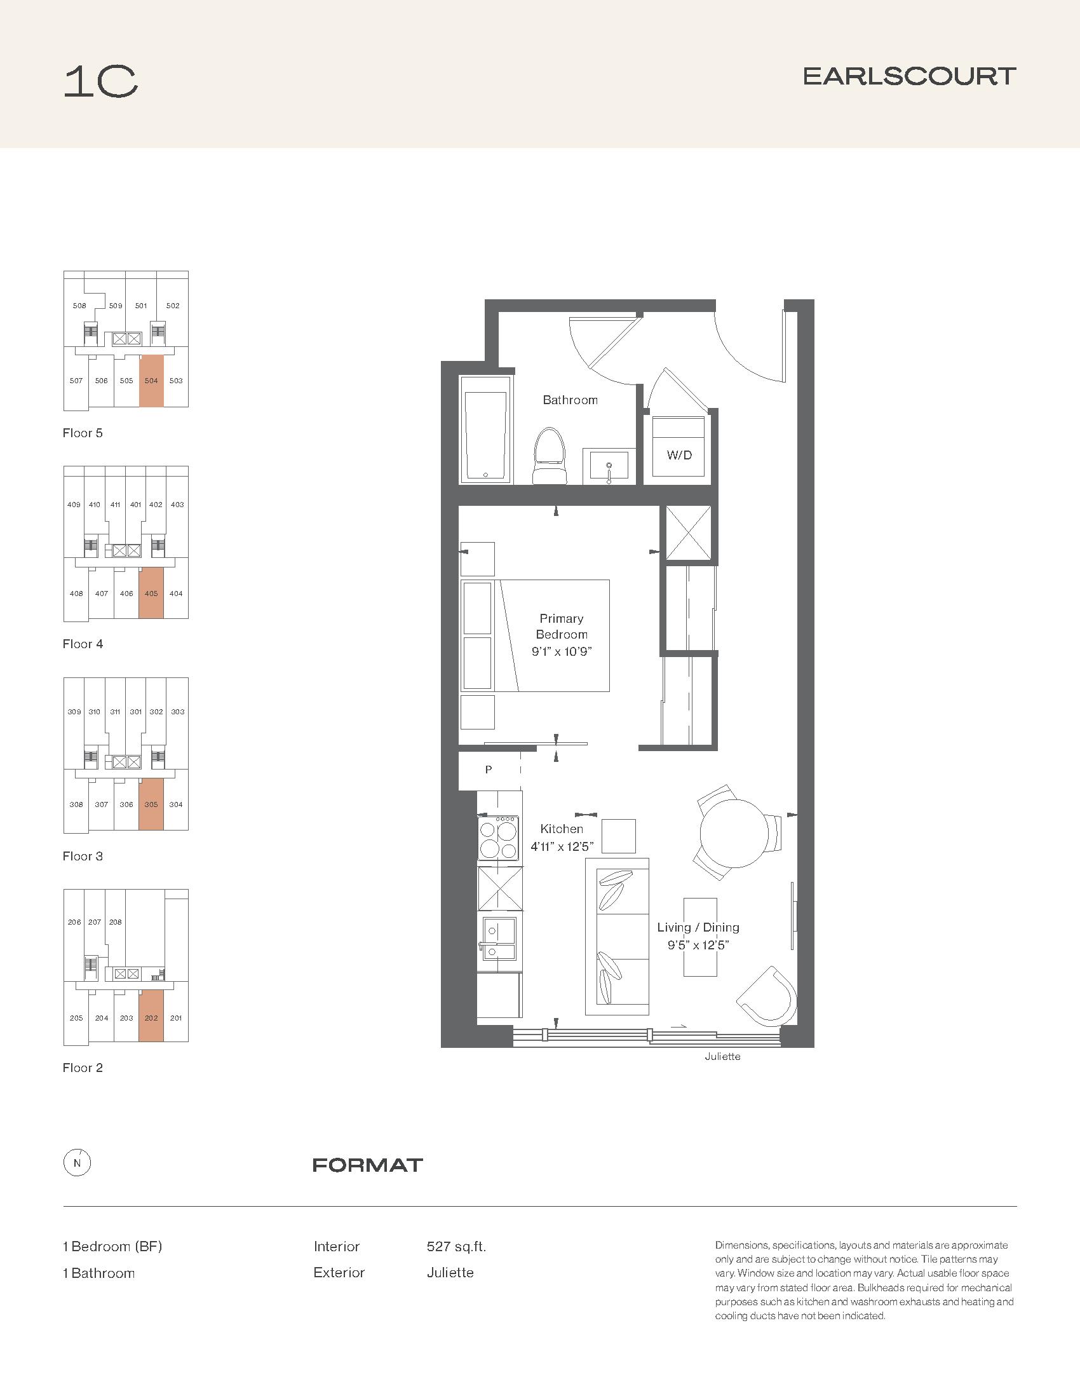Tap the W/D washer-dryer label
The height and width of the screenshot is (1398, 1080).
(x=680, y=455)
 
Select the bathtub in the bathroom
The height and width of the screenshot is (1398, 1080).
(x=486, y=429)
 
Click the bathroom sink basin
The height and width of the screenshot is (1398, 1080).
(x=609, y=466)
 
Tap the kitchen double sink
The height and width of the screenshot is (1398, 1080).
(x=499, y=940)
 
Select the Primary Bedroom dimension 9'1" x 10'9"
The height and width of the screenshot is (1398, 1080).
(x=562, y=651)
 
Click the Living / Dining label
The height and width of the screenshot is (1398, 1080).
(x=698, y=927)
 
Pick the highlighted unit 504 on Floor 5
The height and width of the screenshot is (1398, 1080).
(x=151, y=381)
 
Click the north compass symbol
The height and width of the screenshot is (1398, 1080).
(x=78, y=1163)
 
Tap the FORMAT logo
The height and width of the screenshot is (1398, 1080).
(x=367, y=1165)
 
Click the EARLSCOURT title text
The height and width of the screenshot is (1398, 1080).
(x=909, y=77)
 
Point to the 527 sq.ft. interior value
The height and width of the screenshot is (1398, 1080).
(x=456, y=1246)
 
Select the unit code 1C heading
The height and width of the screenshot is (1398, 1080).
(x=101, y=82)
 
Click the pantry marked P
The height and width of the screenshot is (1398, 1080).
(x=489, y=771)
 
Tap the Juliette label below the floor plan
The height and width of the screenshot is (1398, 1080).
(x=722, y=1056)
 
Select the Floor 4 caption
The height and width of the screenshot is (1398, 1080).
(x=83, y=644)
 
